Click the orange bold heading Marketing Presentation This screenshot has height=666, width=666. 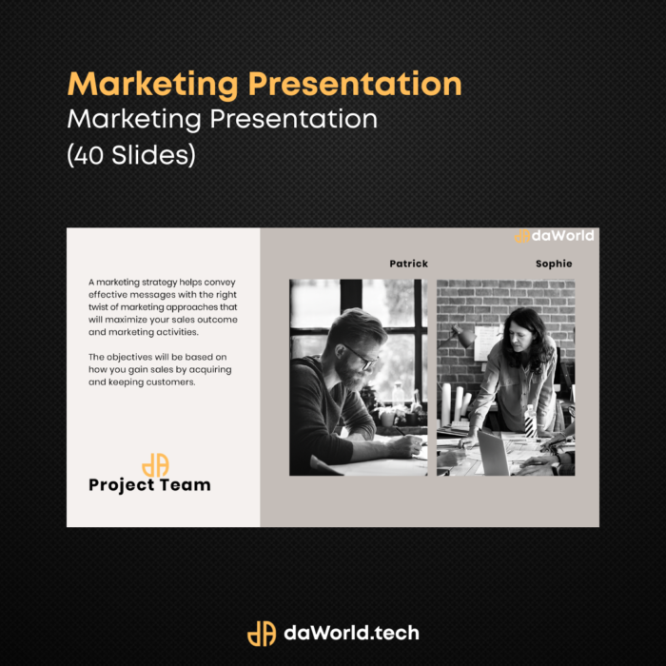click(264, 85)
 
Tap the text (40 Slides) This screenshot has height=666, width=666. click(131, 154)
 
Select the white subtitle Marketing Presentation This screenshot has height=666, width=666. click(222, 119)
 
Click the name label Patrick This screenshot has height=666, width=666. click(408, 264)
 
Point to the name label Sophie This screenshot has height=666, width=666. click(554, 264)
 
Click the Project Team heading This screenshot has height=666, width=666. click(149, 485)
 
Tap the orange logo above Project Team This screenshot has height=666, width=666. click(155, 465)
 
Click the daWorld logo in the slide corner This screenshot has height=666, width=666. click(554, 236)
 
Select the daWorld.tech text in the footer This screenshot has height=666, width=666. click(351, 633)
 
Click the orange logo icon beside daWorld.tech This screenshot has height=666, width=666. click(262, 634)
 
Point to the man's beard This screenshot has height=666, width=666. click(350, 375)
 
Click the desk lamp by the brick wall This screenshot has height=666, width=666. click(460, 337)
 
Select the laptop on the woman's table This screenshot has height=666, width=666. click(494, 453)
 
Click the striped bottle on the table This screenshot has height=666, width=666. click(530, 421)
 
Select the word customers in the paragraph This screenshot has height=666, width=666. click(174, 382)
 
